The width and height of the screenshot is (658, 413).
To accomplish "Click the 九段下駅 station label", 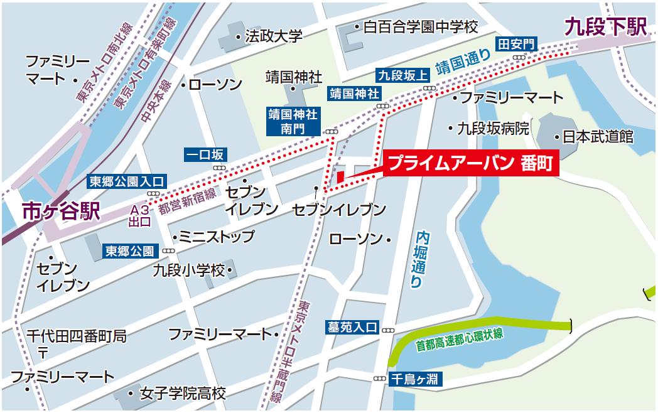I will pos(605,27).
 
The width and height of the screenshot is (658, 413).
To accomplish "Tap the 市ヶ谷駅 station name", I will pos(61,211).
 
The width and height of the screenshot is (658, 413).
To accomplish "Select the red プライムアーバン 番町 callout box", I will pos(470,164).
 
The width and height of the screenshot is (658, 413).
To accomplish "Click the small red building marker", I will pos(340,176).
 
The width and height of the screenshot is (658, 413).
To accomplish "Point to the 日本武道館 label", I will pos(597,137).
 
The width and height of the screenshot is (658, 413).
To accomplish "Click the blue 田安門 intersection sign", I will pos(517,44).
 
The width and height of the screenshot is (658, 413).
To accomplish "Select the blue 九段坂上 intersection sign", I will pos(402,75).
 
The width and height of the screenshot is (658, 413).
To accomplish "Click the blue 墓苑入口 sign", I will pos(352,327).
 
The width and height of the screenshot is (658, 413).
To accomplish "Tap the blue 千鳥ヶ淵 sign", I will pos(416,378).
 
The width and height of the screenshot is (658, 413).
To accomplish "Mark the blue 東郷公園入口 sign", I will pos(126,182).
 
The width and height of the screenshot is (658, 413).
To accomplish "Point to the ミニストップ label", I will pos(217,237).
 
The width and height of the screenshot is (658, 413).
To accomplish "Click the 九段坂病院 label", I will pos(492,128).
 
